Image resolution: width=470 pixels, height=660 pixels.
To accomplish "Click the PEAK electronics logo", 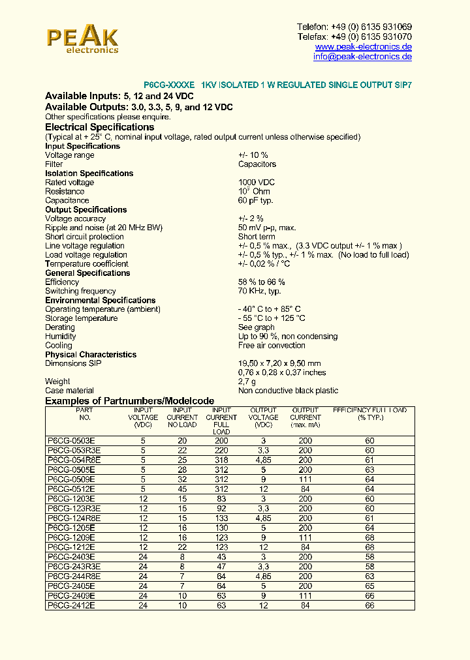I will (x=82, y=40).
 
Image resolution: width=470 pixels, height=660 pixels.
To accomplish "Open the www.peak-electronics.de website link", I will (x=363, y=47).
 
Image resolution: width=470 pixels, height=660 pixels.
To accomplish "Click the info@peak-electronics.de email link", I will (x=362, y=57).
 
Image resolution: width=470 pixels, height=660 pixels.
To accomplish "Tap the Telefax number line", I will (x=354, y=37).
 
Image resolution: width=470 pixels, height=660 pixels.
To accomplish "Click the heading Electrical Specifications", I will (x=99, y=127).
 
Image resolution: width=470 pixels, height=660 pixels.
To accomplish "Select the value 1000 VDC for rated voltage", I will (x=257, y=183).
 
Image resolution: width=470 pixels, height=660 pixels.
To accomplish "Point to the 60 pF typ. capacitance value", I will (x=255, y=201).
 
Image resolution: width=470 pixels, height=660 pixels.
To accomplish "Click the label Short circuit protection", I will (x=84, y=237).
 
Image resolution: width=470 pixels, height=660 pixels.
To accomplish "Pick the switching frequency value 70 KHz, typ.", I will (x=259, y=292).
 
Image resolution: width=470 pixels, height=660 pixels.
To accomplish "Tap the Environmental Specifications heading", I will (x=100, y=301).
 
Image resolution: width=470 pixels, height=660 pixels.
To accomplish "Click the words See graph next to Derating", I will (x=256, y=327).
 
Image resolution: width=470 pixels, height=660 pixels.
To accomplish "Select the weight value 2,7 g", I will (x=247, y=382).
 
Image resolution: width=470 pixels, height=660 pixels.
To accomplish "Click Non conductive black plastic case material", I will (x=288, y=391).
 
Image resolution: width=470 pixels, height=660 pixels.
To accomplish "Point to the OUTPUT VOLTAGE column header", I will (x=264, y=417).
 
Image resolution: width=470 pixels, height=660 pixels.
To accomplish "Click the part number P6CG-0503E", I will (x=71, y=442).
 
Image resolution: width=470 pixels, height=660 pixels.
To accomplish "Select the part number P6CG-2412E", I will (x=71, y=606).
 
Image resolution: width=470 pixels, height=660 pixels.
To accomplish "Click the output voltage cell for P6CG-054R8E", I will (x=264, y=460).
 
